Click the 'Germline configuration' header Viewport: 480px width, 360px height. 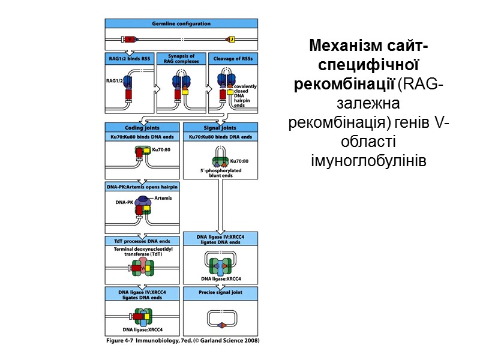click(182, 23)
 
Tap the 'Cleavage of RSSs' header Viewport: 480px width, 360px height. click(233, 58)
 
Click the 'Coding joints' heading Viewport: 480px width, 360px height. click(142, 127)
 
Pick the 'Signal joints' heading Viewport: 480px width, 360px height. click(220, 127)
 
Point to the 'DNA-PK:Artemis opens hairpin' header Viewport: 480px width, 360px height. click(142, 187)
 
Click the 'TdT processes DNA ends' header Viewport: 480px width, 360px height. click(142, 240)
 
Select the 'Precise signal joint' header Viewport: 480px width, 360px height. click(220, 292)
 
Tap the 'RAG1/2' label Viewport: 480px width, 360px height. click(115, 79)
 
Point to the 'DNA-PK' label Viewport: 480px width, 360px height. click(124, 203)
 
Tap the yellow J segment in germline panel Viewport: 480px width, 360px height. click(231, 40)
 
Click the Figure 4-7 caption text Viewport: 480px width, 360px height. click(181, 340)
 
